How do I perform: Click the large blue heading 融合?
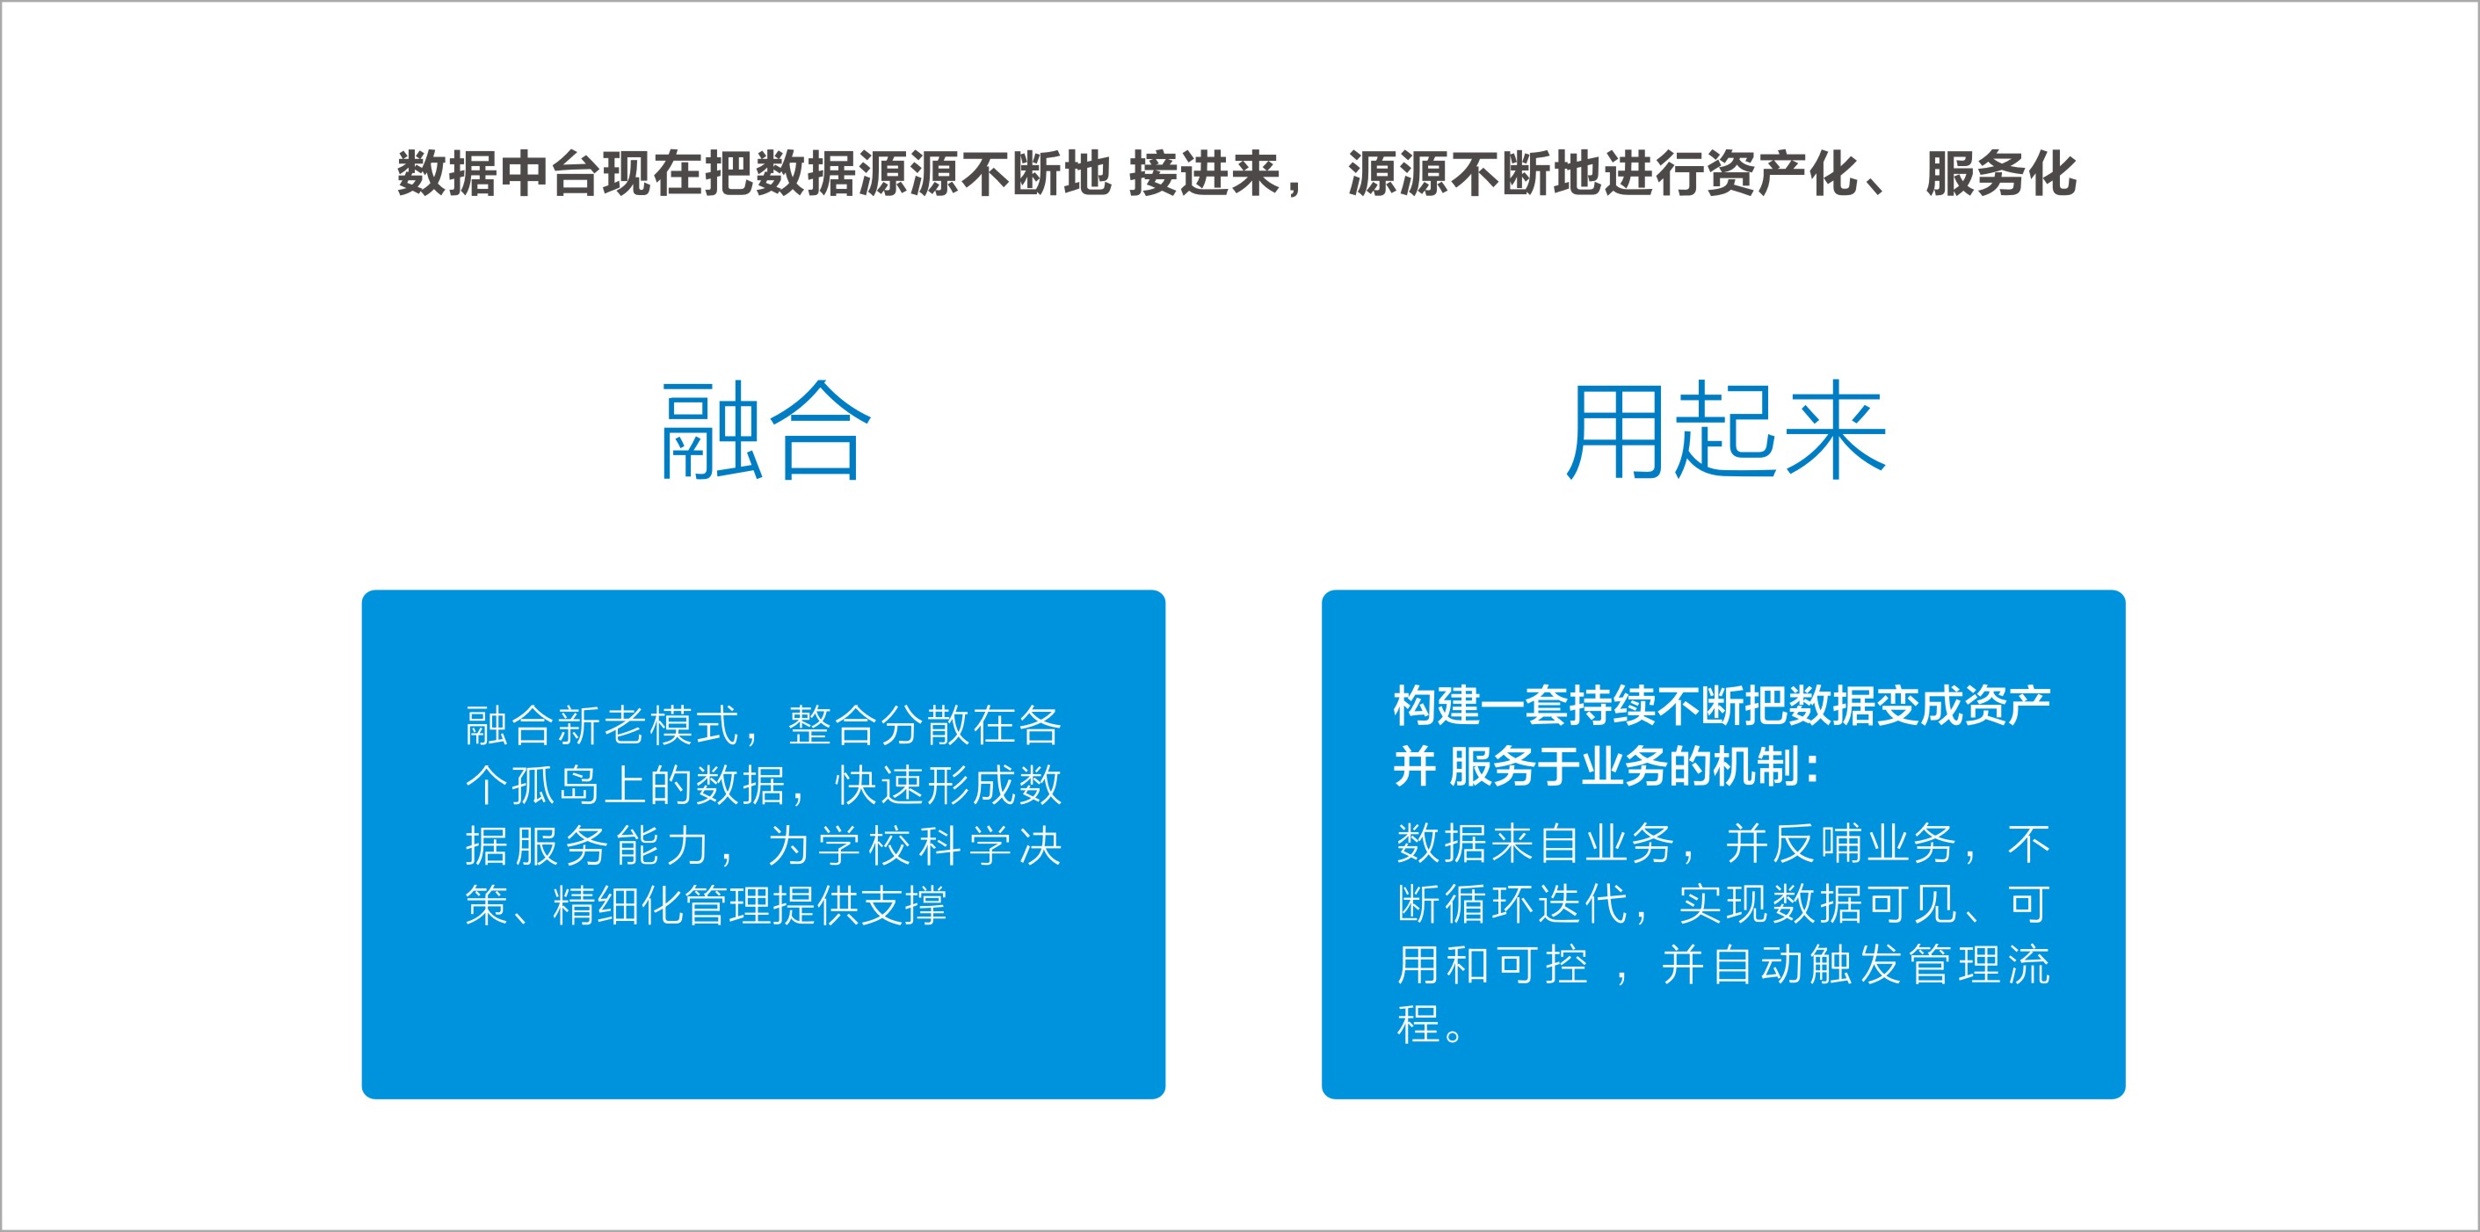point(765,431)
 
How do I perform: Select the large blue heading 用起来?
point(1725,431)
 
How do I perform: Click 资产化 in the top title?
point(1782,174)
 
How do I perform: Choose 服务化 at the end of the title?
point(2000,174)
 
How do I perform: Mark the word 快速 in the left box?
point(880,786)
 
